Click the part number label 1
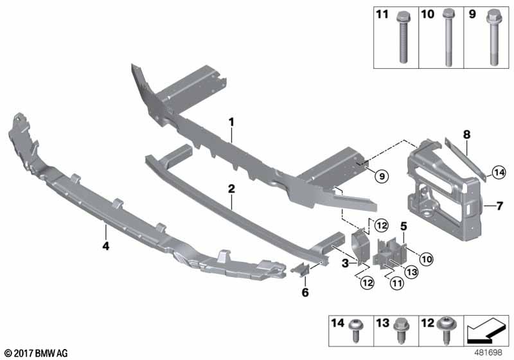[231, 121]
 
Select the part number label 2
[231, 188]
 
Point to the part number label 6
[305, 293]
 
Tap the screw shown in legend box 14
[355, 330]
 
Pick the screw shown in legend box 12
[445, 330]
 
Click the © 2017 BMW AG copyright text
[35, 353]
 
